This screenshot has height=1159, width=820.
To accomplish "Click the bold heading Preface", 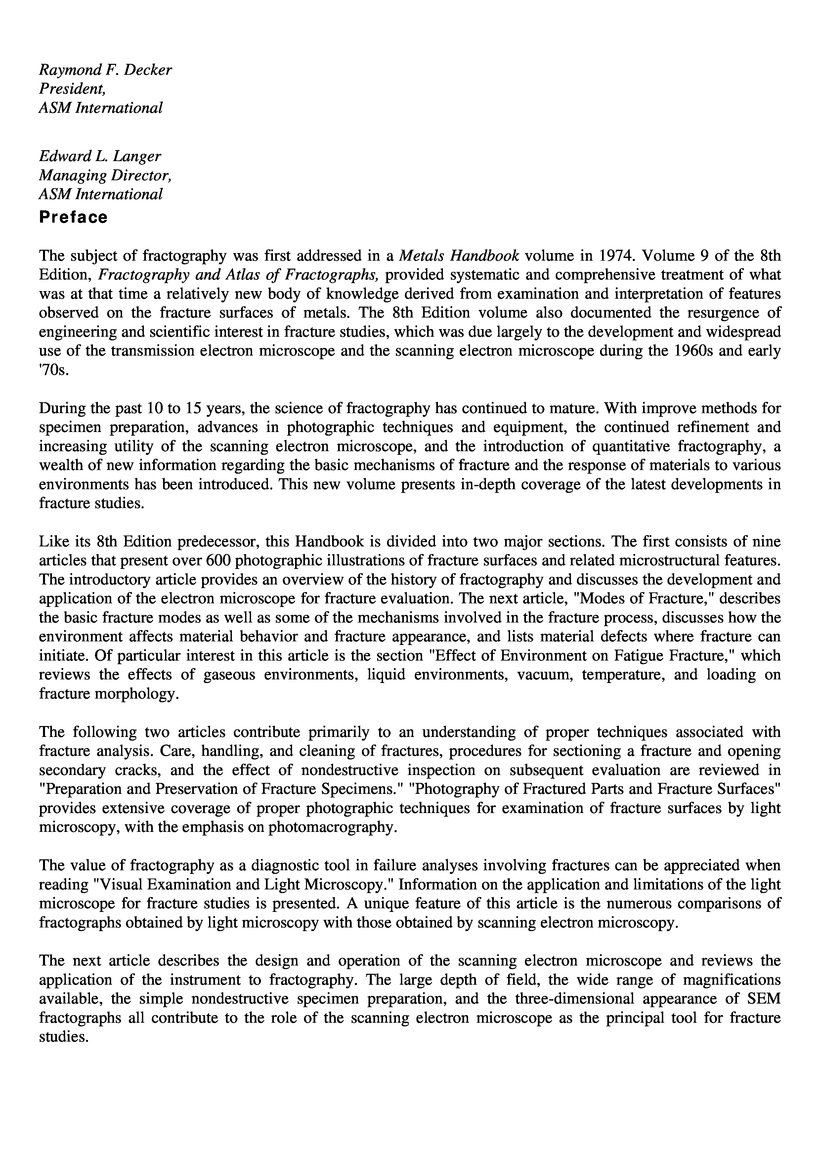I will tap(73, 218).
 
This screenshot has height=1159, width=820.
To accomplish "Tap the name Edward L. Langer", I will tap(100, 156).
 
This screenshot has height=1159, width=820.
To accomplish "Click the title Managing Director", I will tap(106, 175).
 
